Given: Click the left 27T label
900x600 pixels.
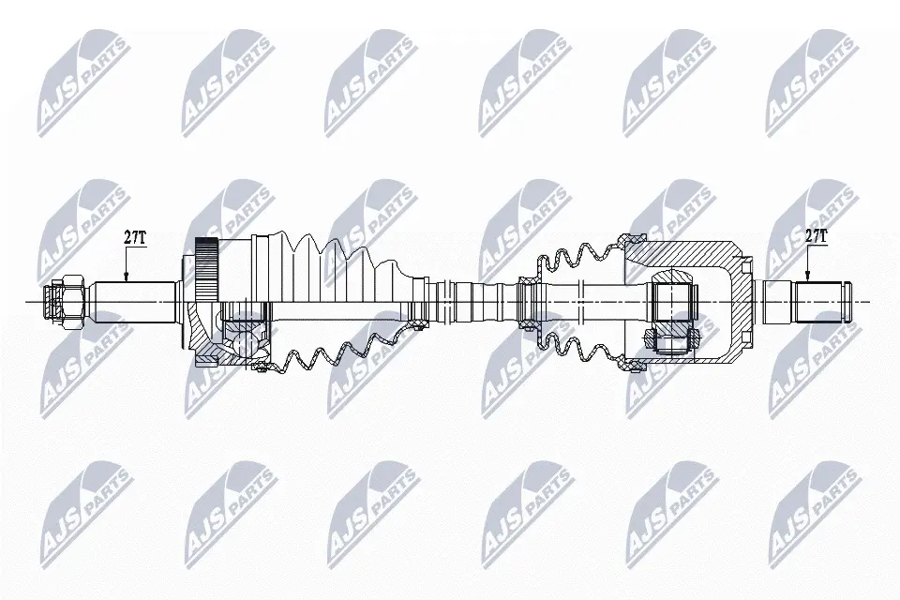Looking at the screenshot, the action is point(136,237).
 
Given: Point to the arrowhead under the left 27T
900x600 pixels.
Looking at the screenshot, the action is point(127,277).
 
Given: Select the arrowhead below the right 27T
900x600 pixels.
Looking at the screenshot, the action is point(807,277).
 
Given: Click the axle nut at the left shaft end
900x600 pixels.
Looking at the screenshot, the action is point(66,301).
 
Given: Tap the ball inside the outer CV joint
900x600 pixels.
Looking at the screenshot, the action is point(244,343).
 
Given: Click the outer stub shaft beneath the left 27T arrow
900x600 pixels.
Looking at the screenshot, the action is point(135,301).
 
